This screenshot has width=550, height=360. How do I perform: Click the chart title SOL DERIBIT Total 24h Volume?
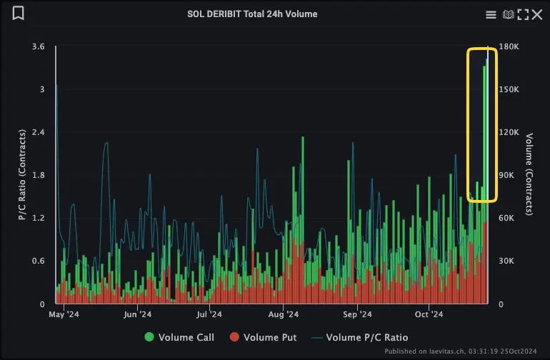click(x=252, y=14)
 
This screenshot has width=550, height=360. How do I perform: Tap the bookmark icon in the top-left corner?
click(x=19, y=14)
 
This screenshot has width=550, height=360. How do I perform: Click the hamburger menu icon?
click(x=491, y=14)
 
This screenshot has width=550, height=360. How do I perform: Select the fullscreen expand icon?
click(x=523, y=14)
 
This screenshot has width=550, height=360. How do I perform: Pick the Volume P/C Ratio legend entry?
click(x=360, y=337)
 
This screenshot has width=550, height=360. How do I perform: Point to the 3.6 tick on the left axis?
click(x=39, y=47)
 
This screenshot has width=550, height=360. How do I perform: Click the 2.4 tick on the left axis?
click(x=39, y=133)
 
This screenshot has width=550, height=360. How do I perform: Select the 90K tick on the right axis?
click(x=506, y=176)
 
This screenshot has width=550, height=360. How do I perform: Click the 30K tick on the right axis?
click(x=506, y=261)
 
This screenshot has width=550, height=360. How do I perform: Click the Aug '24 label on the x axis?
click(x=284, y=314)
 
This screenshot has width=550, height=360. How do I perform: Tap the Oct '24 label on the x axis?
click(x=429, y=314)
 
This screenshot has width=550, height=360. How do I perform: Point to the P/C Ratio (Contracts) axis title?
click(x=22, y=175)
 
